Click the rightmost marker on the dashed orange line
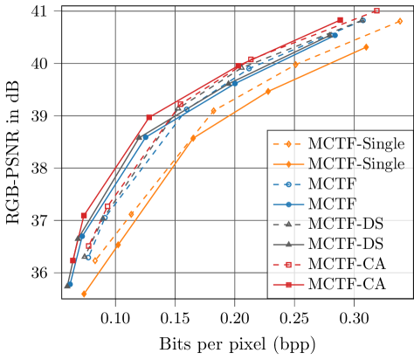(x=399, y=21)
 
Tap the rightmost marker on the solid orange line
(x=366, y=47)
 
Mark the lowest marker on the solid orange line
(x=84, y=294)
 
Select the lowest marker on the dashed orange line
(x=95, y=260)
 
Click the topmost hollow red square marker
(x=376, y=11)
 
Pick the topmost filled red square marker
(x=340, y=20)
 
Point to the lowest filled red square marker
(x=73, y=260)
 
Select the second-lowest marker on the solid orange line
(x=118, y=246)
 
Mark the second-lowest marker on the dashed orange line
(x=132, y=213)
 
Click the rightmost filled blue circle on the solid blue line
(x=335, y=35)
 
